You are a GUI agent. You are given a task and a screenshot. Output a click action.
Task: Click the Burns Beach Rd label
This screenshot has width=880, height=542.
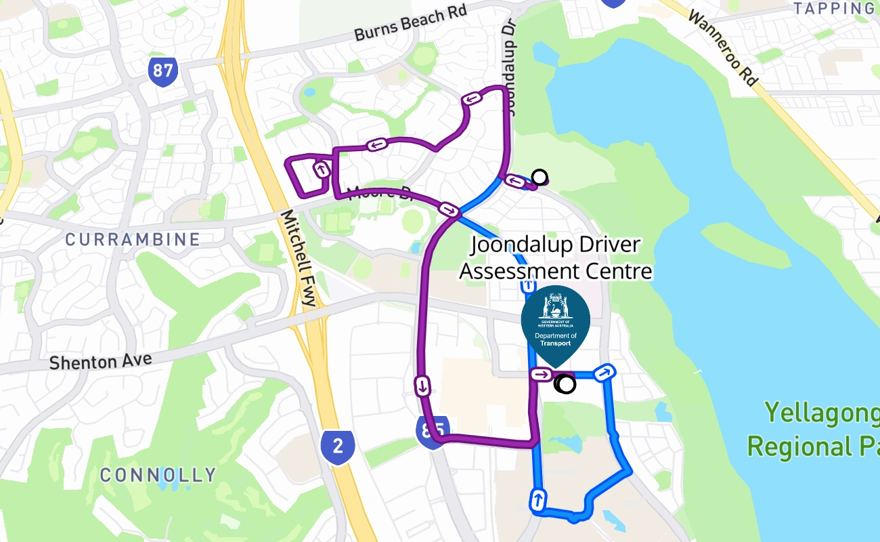[x=411, y=24]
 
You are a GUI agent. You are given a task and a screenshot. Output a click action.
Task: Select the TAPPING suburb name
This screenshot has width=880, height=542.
[x=834, y=8]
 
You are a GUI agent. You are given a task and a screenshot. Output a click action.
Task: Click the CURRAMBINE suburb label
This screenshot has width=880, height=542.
[x=133, y=239]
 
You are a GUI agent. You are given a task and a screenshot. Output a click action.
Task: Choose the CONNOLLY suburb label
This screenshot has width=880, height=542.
[x=158, y=475]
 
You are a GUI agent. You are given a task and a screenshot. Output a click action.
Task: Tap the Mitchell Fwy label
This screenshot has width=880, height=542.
[x=299, y=257]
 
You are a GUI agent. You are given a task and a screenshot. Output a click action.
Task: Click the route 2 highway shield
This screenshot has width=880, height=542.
[x=338, y=446]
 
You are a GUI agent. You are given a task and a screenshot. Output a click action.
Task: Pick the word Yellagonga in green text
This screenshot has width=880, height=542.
[x=822, y=413]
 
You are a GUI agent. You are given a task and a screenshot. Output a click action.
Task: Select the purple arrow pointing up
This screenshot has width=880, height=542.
[x=322, y=168]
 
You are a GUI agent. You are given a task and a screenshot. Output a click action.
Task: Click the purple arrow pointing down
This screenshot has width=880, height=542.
[x=422, y=386]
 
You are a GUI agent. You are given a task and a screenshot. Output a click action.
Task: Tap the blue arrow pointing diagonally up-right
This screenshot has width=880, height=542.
[x=604, y=372]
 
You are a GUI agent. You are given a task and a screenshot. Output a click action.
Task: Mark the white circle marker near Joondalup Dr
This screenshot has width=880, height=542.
[x=540, y=178]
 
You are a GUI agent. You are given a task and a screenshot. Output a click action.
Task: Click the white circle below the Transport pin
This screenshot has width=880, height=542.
[x=566, y=385]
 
